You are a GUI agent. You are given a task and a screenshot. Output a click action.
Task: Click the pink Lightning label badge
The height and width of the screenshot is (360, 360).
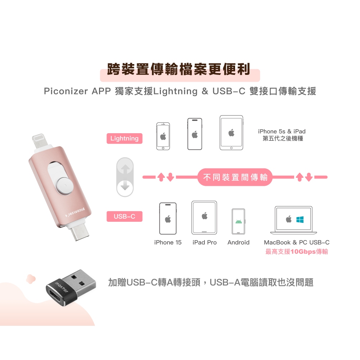click(125, 139)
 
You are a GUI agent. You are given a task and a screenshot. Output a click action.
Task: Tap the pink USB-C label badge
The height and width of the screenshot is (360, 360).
click(125, 216)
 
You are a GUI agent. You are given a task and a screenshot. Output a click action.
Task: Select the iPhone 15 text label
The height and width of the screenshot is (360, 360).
click(168, 242)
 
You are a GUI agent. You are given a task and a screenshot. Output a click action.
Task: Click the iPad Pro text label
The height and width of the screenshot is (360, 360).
click(204, 242)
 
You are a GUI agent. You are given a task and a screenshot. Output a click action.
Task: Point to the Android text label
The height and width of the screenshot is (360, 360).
click(238, 242)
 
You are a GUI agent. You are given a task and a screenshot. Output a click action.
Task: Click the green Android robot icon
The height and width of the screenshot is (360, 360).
click(239, 221)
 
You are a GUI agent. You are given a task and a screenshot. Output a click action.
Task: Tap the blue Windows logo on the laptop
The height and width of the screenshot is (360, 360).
click(300, 220)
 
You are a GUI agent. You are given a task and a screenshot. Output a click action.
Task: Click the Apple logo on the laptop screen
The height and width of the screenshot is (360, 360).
click(289, 219)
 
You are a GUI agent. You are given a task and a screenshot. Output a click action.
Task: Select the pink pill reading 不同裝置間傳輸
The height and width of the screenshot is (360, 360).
click(235, 177)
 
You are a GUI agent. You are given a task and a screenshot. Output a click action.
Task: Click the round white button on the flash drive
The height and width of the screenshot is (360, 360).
click(65, 185)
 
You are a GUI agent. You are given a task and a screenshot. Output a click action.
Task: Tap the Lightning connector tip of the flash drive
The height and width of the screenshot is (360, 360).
click(39, 140)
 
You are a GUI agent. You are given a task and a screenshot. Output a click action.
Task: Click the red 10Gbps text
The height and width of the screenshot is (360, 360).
click(303, 252)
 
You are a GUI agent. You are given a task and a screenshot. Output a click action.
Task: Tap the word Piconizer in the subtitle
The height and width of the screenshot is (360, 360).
click(66, 91)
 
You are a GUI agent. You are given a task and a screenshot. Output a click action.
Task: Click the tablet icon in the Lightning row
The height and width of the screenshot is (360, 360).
click(231, 133)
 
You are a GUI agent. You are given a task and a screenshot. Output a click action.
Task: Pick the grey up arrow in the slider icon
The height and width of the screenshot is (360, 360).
click(125, 169)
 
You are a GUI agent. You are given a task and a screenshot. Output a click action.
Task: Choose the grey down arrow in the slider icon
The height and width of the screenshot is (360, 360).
click(125, 185)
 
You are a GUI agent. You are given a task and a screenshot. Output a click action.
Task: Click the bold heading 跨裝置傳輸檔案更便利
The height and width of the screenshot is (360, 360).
click(179, 69)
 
